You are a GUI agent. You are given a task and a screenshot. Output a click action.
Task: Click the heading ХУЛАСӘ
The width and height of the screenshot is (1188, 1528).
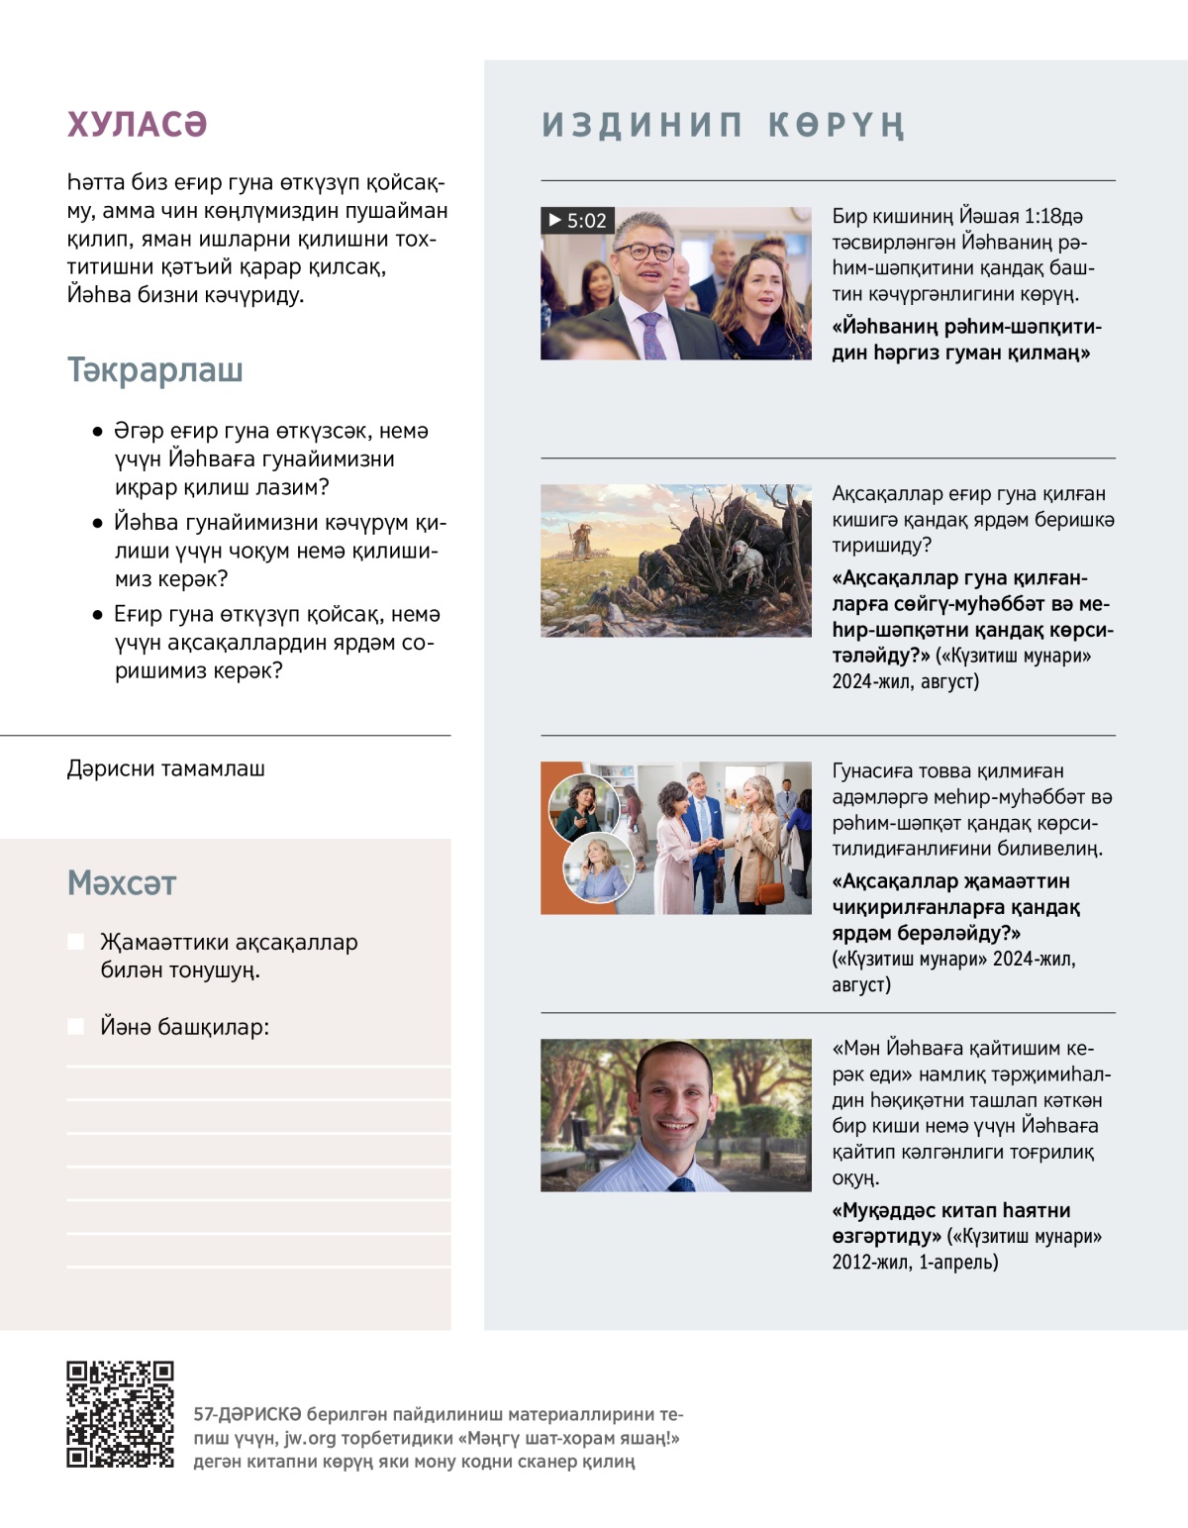click(x=137, y=125)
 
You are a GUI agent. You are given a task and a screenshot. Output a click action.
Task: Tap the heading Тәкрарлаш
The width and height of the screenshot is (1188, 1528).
click(x=155, y=370)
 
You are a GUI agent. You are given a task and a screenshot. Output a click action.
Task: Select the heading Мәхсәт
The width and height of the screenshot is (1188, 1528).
click(x=122, y=882)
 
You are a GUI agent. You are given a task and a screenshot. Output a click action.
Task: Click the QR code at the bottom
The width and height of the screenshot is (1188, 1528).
click(x=120, y=1414)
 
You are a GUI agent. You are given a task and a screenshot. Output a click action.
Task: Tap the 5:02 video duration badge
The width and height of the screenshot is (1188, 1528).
click(x=578, y=220)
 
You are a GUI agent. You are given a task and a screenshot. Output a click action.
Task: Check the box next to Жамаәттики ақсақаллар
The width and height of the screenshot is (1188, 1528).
click(x=75, y=942)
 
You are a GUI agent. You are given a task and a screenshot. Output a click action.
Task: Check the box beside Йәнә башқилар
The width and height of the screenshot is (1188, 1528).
click(x=75, y=1027)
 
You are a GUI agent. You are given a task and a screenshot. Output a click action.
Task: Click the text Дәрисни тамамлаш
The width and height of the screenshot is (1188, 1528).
click(x=165, y=768)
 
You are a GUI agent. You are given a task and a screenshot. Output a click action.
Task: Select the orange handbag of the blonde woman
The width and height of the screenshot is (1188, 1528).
click(x=768, y=890)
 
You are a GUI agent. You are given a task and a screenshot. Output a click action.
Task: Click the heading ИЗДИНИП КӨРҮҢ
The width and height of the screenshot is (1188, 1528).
click(x=723, y=126)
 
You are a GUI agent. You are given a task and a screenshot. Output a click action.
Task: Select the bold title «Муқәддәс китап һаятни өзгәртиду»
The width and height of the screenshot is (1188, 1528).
click(x=951, y=1223)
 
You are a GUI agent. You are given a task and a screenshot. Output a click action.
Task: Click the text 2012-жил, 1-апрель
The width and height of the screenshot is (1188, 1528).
click(x=915, y=1262)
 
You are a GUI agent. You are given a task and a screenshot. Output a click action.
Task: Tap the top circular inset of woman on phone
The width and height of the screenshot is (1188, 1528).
click(x=584, y=804)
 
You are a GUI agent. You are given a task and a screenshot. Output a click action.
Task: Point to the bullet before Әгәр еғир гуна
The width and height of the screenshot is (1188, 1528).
click(x=97, y=432)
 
